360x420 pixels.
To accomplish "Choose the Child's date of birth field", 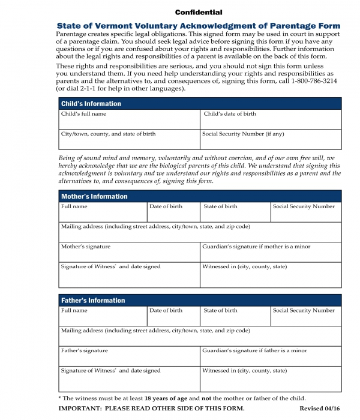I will [x=271, y=119].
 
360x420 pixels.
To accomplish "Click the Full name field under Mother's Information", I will [x=102, y=212].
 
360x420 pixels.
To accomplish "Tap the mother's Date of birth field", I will [x=173, y=212].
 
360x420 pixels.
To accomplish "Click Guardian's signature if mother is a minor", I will [x=271, y=252].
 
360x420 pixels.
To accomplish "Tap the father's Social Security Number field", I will [x=305, y=316].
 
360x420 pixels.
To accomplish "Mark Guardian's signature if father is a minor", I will [x=271, y=356].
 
